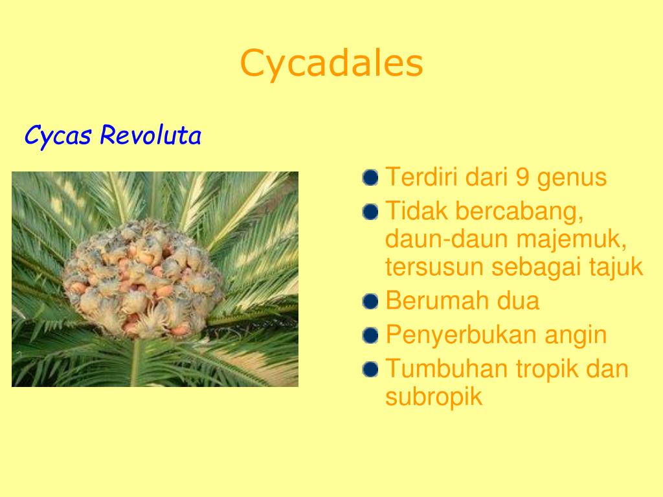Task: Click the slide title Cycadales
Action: (x=331, y=64)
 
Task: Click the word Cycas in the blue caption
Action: (x=58, y=136)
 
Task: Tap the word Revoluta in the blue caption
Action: (x=150, y=135)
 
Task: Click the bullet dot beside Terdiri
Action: (x=370, y=177)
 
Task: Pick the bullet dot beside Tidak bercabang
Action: (x=370, y=212)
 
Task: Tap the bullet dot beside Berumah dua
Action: (x=370, y=302)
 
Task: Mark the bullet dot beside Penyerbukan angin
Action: (x=370, y=336)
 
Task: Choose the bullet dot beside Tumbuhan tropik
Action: (x=370, y=369)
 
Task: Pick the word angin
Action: (x=576, y=337)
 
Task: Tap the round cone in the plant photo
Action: (x=143, y=279)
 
